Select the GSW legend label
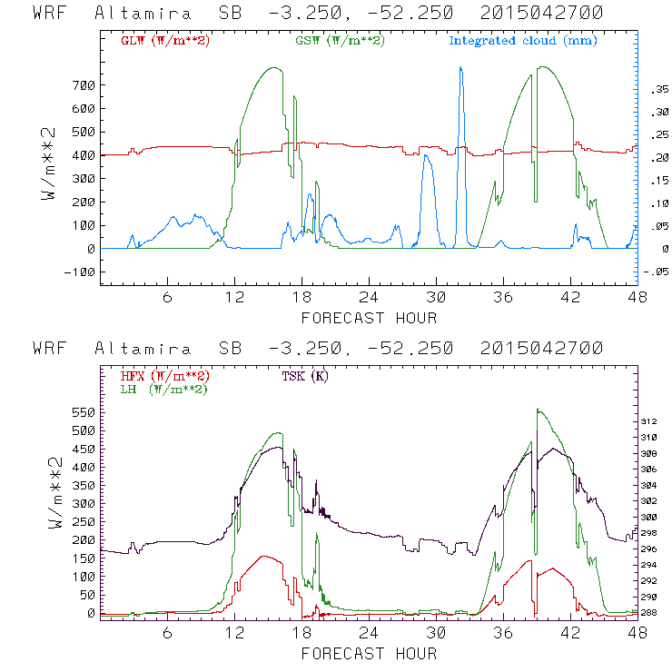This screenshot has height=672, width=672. (x=341, y=41)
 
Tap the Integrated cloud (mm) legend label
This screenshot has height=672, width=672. (x=523, y=41)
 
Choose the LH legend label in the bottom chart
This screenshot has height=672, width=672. (x=163, y=389)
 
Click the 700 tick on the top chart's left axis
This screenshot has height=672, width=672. (x=82, y=85)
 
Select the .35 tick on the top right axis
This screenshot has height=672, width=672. (x=654, y=89)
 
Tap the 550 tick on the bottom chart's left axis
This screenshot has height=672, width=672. (x=82, y=410)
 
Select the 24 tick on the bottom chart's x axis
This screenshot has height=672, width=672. (x=369, y=633)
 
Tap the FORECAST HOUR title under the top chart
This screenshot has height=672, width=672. (x=369, y=318)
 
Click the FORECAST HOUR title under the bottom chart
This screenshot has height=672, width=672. (x=369, y=654)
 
